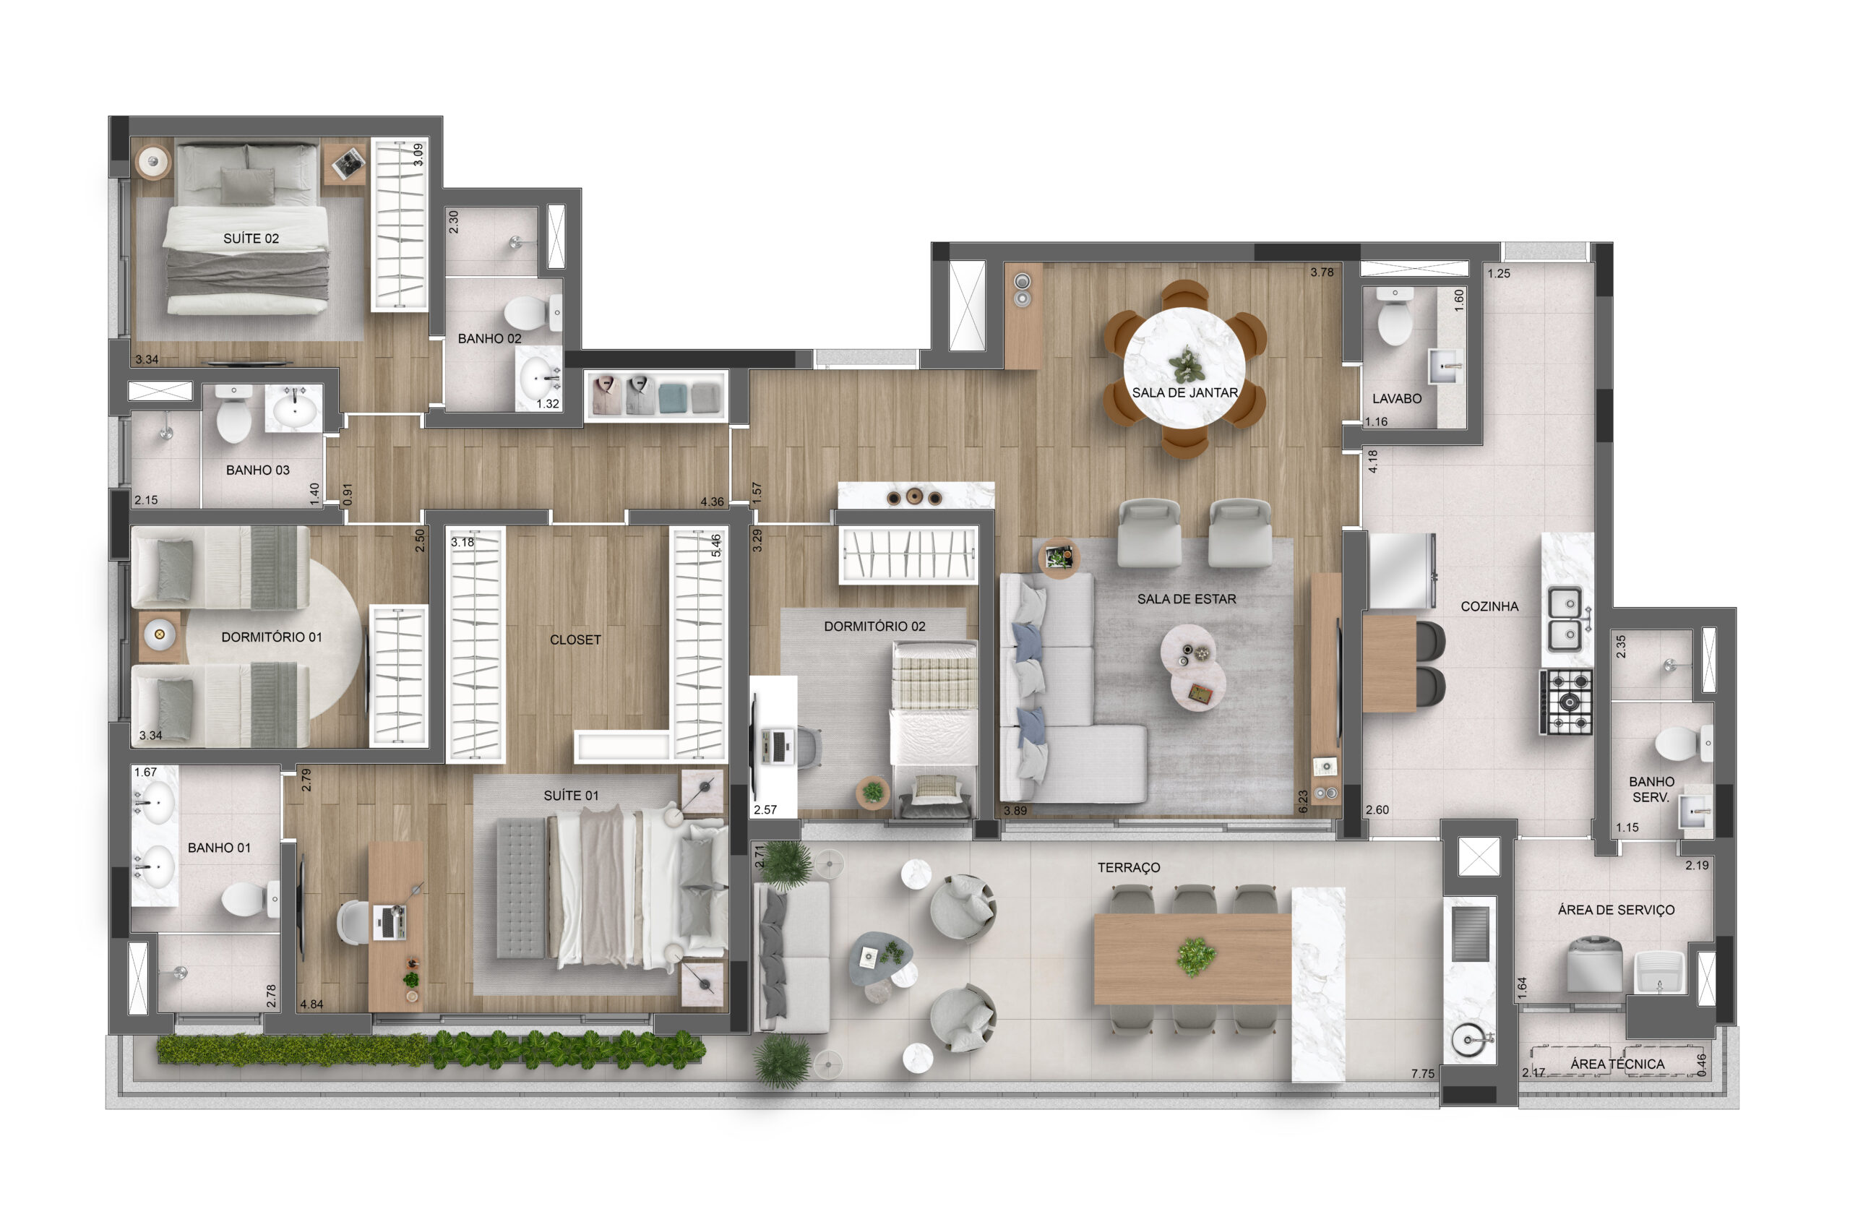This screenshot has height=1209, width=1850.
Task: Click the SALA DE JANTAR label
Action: pyautogui.click(x=1184, y=392)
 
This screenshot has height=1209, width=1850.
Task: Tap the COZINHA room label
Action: pyautogui.click(x=1489, y=606)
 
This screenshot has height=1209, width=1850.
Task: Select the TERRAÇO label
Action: pyautogui.click(x=1129, y=868)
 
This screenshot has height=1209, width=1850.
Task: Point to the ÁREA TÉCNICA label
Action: pyautogui.click(x=1617, y=1064)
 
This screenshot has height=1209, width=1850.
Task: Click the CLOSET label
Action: pyautogui.click(x=575, y=640)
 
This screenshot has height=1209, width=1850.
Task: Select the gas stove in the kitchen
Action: pyautogui.click(x=1565, y=702)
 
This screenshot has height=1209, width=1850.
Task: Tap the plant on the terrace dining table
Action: pyautogui.click(x=1195, y=957)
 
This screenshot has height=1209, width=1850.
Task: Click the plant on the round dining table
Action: pyautogui.click(x=1187, y=365)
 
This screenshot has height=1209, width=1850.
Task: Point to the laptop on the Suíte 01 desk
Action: pyautogui.click(x=389, y=923)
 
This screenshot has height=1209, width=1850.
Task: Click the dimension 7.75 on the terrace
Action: pyautogui.click(x=1422, y=1074)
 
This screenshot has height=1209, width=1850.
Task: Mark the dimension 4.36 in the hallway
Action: pyautogui.click(x=712, y=502)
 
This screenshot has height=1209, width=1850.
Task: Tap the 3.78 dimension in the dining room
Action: pyautogui.click(x=1322, y=272)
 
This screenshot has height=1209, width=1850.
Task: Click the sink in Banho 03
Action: pyautogui.click(x=294, y=408)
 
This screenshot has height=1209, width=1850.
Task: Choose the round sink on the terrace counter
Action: pyautogui.click(x=1468, y=1039)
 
